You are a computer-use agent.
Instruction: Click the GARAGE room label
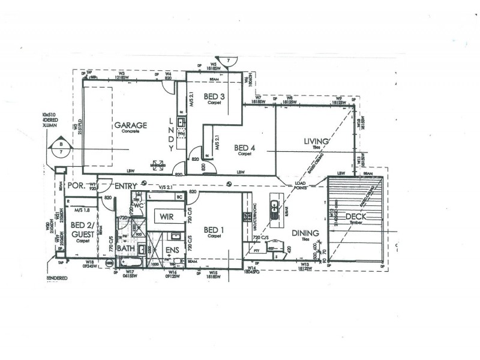pos(131,125)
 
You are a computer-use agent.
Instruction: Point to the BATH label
pos(126,247)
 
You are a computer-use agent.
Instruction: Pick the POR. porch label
pos(76,187)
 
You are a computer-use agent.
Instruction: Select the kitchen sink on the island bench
pos(274,208)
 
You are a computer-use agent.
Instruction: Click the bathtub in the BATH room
pos(129,262)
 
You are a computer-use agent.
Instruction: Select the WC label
pos(137,206)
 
